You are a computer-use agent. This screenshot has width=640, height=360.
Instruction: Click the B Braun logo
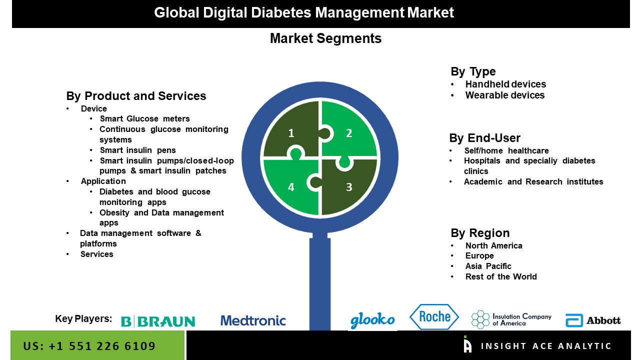coord(158,321)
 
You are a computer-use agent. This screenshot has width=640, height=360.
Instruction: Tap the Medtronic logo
coord(253,320)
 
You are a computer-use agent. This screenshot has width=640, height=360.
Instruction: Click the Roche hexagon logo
coord(434,316)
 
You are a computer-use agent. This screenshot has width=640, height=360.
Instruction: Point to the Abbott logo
coord(593,320)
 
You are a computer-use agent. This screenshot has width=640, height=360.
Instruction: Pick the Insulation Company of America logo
coord(511,319)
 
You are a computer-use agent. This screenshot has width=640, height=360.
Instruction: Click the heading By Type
coord(473,71)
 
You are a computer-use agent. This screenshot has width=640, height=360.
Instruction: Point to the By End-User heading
coord(484,138)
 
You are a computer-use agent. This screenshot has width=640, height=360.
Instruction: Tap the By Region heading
coord(480,233)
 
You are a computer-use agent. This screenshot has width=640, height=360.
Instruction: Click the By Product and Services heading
coord(136,96)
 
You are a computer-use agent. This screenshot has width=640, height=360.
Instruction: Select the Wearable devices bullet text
coord(505,95)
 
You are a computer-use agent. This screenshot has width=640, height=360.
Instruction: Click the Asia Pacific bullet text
coord(488,266)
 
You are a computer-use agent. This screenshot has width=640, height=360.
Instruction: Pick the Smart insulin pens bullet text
coord(138,150)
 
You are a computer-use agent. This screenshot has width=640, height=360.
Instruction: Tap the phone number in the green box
coord(89,346)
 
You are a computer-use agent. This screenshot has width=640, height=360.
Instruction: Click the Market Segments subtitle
coord(325,38)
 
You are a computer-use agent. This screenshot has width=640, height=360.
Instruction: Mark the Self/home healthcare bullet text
coord(506,150)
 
